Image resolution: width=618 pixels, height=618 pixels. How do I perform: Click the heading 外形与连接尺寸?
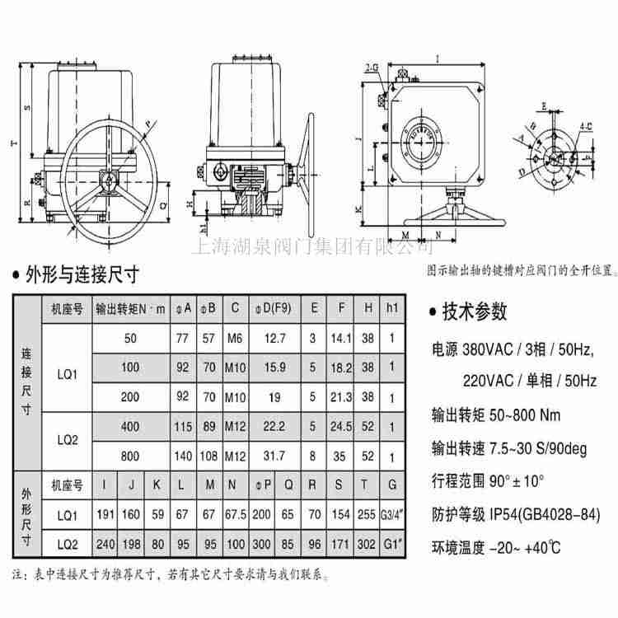(82, 274)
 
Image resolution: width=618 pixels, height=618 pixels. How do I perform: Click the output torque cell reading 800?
(130, 455)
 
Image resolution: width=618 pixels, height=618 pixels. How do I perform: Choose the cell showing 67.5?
(236, 515)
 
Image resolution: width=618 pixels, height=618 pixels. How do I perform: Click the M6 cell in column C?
(236, 338)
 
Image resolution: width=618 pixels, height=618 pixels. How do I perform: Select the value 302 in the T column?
(367, 543)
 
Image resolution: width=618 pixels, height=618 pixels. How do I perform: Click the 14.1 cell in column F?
(340, 338)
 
